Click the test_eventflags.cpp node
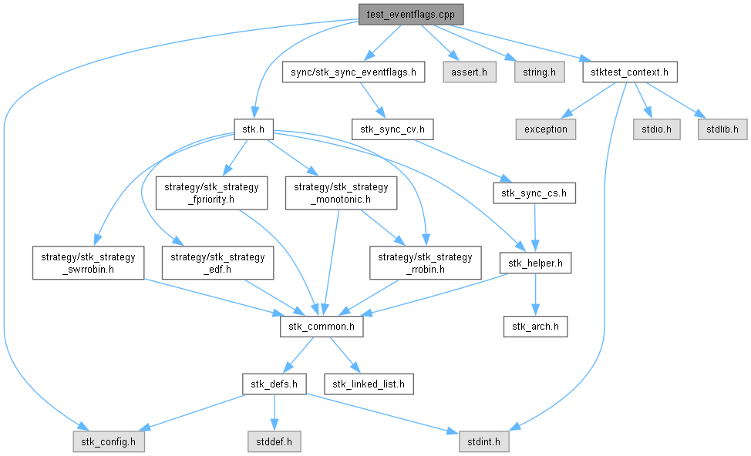coord(410,14)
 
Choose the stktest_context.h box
coord(630,72)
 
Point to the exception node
coord(545,129)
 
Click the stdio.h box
coord(656,129)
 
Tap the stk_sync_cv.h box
coord(392,129)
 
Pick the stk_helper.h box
coord(535,263)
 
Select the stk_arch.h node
coord(535,327)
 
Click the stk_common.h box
coord(322,327)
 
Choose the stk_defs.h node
coord(275,383)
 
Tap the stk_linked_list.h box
coord(369,383)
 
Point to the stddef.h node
coord(273,442)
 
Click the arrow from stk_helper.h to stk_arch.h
coord(535,296)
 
